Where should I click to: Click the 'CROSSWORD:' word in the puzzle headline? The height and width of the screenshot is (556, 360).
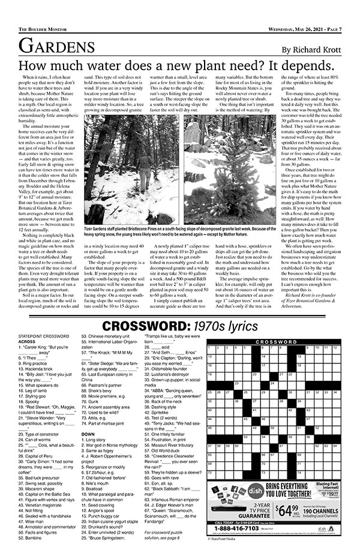click(x=143, y=326)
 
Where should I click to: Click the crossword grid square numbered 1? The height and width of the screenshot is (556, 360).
click(x=211, y=350)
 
